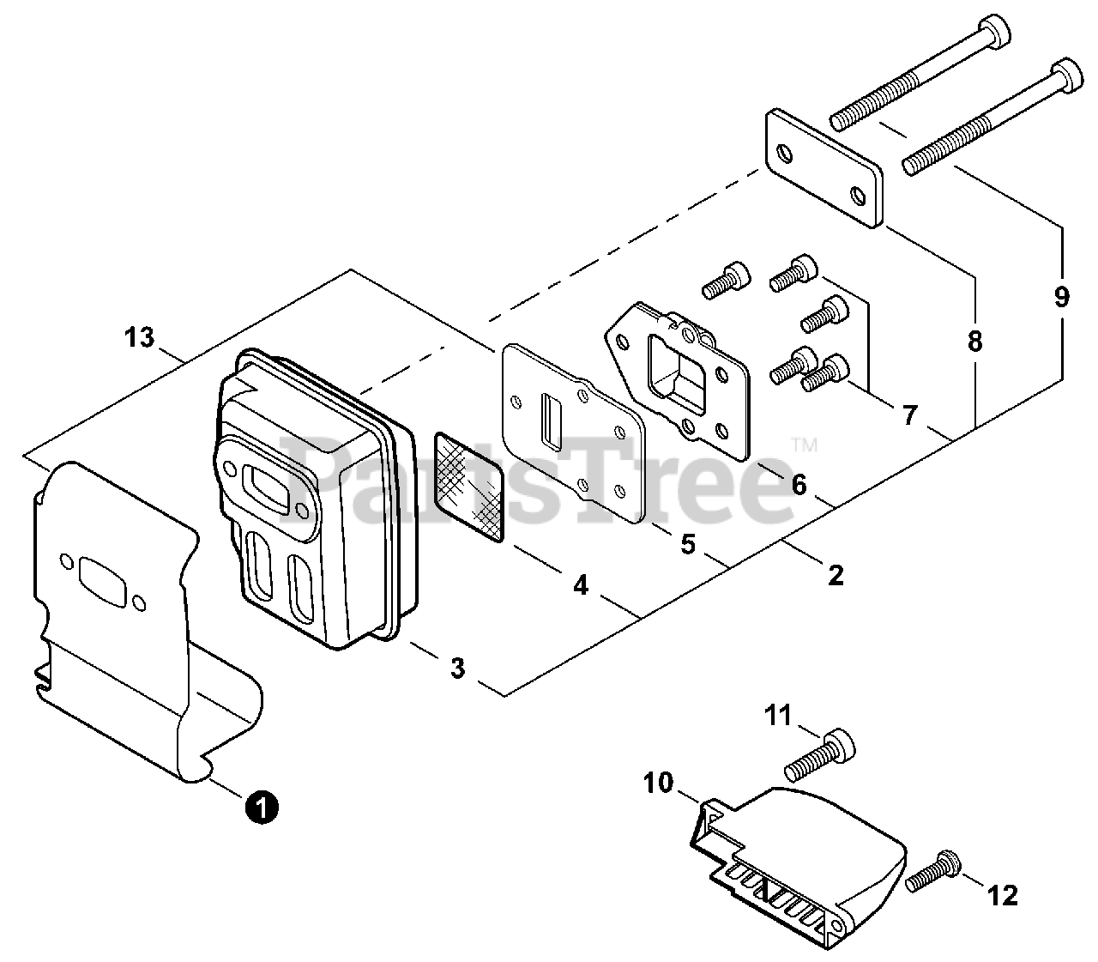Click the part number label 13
coord(138,338)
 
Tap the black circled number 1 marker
coord(261,807)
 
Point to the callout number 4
coord(581,585)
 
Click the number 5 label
coord(688,544)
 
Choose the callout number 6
coord(799,486)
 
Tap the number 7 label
coord(910,416)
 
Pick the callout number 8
coord(974,341)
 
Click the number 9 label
coord(1062,296)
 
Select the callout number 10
coord(661,783)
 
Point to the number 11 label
coord(779,715)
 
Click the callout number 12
coord(1002,896)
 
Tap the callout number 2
coord(835,574)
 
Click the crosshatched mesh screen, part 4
coord(468,486)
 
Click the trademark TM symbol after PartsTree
coord(805,445)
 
